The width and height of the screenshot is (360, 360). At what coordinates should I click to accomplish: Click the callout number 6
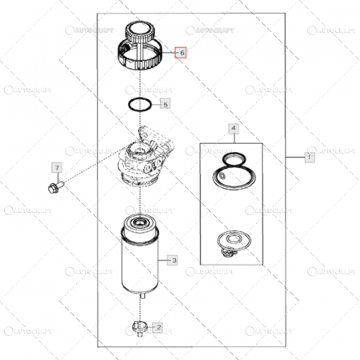pos(182,53)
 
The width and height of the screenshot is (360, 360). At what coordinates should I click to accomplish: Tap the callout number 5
pos(165,104)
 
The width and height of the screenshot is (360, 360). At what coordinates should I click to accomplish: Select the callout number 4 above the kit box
pos(233,128)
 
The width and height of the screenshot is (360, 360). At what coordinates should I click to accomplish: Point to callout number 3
pos(170,259)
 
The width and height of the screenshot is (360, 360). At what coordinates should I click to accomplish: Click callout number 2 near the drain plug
pos(158,326)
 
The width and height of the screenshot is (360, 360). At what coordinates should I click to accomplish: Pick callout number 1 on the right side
pos(307,158)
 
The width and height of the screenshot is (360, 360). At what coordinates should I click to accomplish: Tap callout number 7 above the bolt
pos(57,167)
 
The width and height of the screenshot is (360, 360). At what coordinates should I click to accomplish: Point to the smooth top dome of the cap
pos(142,34)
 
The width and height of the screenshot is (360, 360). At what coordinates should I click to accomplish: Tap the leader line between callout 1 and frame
pos(294,158)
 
